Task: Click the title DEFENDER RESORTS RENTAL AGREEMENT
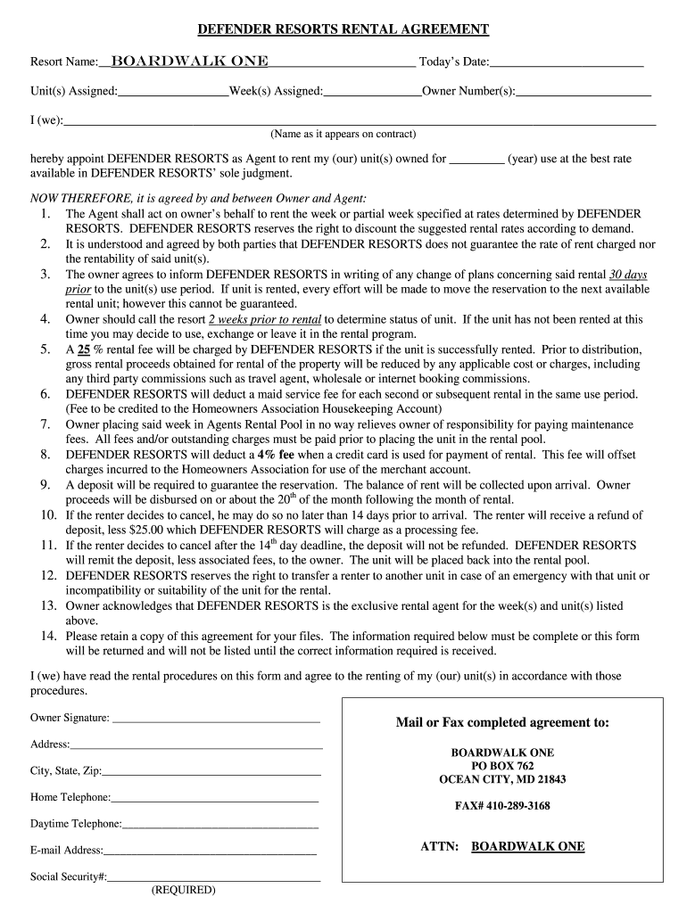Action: tap(343, 29)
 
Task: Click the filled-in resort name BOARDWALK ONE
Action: tap(188, 62)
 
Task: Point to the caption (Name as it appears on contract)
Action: tap(343, 135)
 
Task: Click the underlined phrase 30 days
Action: tap(627, 275)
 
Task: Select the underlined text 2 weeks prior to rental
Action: tap(264, 318)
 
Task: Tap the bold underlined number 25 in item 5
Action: tap(85, 350)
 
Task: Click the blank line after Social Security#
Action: tap(214, 879)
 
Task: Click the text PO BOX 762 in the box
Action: tap(502, 766)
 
